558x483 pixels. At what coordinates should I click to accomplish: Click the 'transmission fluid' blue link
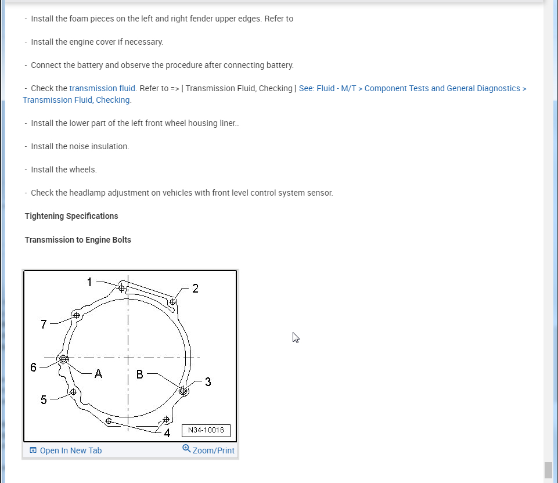(102, 88)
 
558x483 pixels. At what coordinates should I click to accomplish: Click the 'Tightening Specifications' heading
(71, 216)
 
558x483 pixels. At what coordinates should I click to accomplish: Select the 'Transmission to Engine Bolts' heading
(78, 240)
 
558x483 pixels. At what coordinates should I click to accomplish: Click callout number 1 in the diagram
(89, 282)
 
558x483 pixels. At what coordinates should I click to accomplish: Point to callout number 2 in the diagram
(195, 289)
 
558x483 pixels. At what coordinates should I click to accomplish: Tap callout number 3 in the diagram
(208, 382)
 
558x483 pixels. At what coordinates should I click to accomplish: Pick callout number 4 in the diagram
(167, 432)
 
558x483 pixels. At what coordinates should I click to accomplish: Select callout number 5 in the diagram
(44, 399)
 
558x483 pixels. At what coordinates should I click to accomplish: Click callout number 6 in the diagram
(34, 367)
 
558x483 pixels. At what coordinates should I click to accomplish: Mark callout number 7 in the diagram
(44, 324)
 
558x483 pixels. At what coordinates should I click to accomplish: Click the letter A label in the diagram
(98, 374)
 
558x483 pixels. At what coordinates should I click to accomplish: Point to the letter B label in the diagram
(139, 374)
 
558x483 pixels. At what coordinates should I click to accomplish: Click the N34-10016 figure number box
(206, 430)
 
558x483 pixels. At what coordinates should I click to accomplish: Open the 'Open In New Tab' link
(70, 450)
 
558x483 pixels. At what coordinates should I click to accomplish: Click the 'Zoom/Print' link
(214, 450)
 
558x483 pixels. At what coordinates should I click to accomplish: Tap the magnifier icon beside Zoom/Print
(186, 449)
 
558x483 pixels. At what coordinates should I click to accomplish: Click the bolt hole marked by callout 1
(121, 287)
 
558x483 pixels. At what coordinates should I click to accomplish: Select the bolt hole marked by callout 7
(76, 315)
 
